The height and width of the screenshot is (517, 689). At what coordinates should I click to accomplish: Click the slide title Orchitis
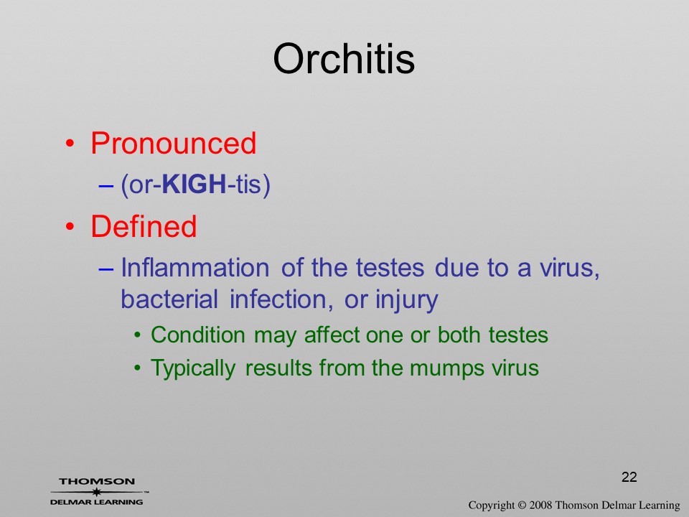[x=344, y=59]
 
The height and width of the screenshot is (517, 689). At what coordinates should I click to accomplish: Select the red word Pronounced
[x=173, y=144]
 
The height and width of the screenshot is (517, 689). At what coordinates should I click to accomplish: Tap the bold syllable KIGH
[x=194, y=184]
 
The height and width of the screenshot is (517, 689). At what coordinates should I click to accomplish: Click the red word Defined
[x=144, y=226]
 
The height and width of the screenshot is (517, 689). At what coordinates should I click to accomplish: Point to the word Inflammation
[x=195, y=267]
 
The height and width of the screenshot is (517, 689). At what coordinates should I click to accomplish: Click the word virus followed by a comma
[x=563, y=268]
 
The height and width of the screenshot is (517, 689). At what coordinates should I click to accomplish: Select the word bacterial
[x=169, y=299]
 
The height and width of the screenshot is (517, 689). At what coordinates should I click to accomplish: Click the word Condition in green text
[x=198, y=335]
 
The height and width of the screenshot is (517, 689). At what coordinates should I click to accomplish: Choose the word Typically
[x=193, y=368]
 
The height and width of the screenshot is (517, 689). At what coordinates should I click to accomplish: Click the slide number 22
[x=629, y=477]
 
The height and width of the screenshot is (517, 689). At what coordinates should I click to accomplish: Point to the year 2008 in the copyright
[x=540, y=505]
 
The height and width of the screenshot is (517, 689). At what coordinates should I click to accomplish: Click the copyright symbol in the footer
[x=522, y=505]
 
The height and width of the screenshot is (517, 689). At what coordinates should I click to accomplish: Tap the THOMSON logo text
[x=97, y=481]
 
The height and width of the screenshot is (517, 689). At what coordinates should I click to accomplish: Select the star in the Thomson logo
[x=97, y=492]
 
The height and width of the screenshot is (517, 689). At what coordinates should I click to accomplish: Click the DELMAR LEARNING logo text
[x=97, y=502]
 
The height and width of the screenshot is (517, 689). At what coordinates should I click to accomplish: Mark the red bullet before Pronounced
[x=70, y=144]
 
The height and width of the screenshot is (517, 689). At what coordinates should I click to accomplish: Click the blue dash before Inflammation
[x=106, y=268]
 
